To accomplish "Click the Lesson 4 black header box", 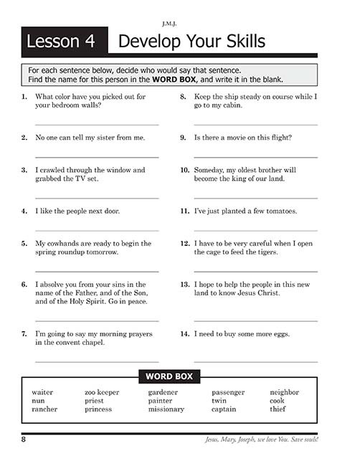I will [x=64, y=42].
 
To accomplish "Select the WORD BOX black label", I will [x=169, y=376].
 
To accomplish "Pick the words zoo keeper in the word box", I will [x=102, y=392].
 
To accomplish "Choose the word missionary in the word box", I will [x=166, y=409].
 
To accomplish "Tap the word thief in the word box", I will [x=278, y=409].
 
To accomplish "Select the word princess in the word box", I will [x=98, y=409].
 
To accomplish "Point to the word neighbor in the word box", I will [x=284, y=392].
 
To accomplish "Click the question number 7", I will [x=25, y=333].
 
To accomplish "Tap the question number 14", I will [x=184, y=333].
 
